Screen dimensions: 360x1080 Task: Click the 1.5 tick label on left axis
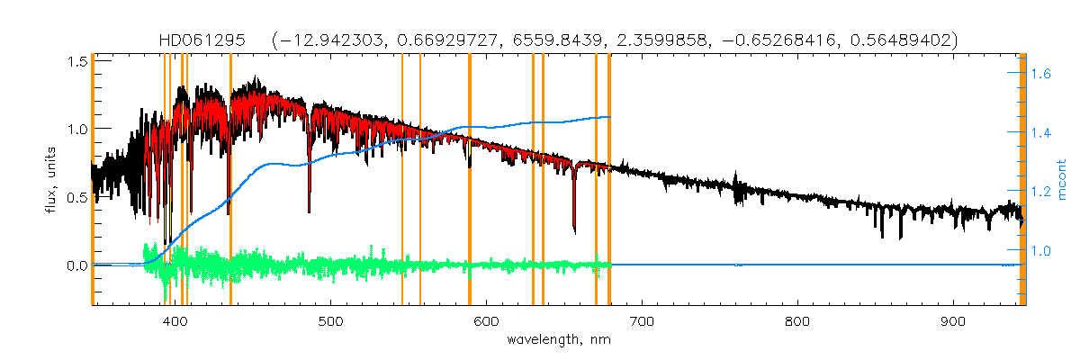76,60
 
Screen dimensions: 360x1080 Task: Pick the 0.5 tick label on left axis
76,197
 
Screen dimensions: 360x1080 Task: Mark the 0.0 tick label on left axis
76,265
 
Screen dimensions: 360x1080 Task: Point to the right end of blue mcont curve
610,117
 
